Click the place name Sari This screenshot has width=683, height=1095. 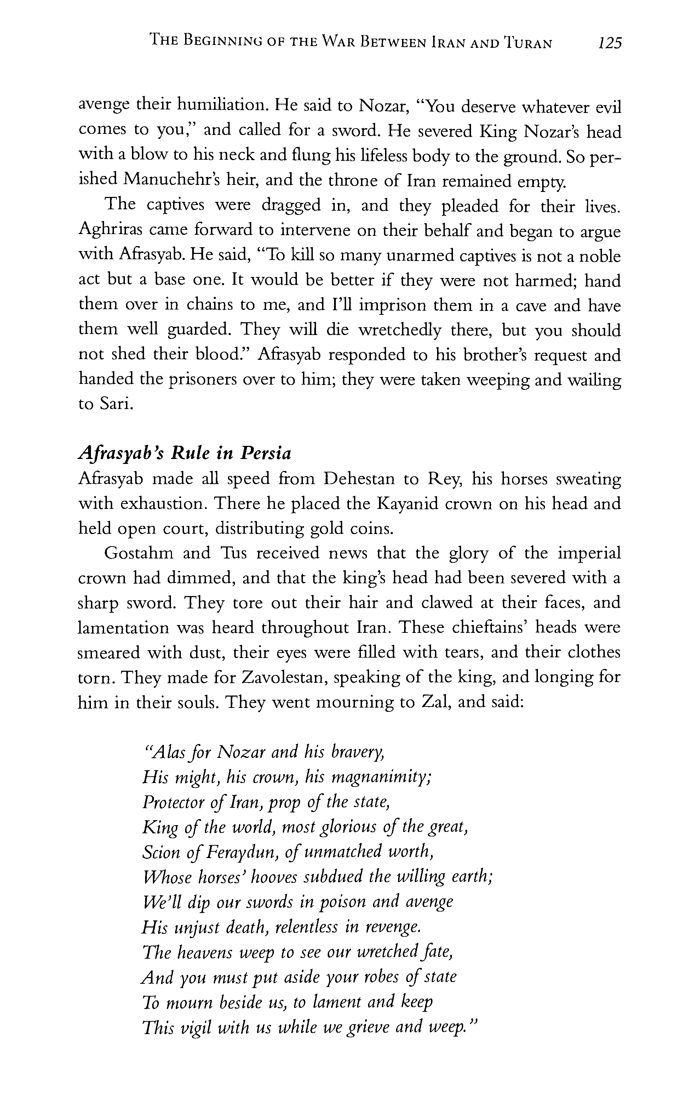point(116,404)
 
